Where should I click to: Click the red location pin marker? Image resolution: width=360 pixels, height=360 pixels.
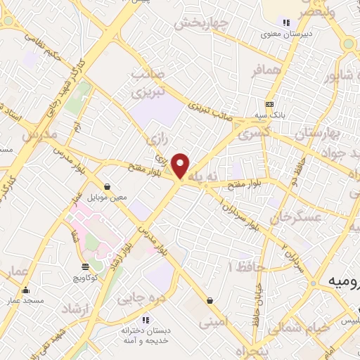click(x=181, y=165)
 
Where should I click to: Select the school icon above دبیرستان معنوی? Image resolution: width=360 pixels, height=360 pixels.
click(x=286, y=22)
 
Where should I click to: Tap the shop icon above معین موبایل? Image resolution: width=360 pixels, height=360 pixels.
click(x=106, y=186)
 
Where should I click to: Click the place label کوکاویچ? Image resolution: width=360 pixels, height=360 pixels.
click(x=86, y=278)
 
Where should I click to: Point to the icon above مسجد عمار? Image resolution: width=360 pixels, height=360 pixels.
click(x=26, y=290)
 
